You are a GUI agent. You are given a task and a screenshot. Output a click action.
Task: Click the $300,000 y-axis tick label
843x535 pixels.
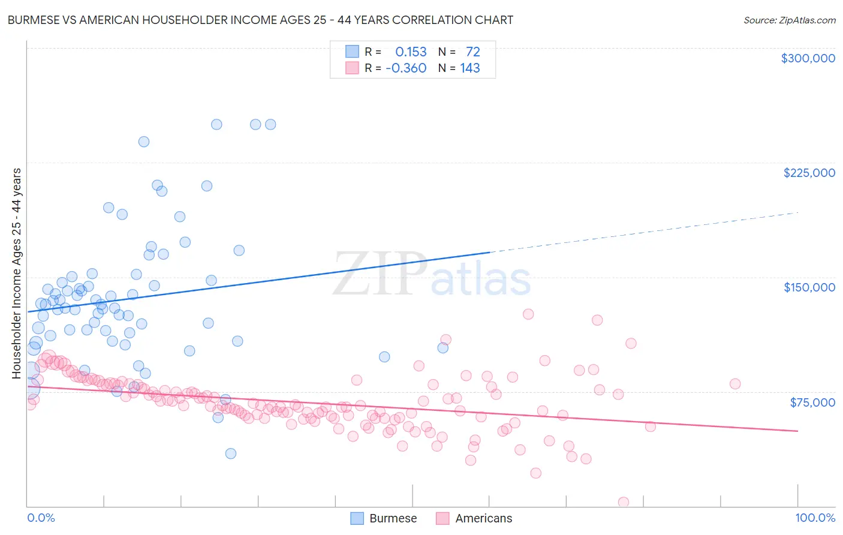(x=808, y=58)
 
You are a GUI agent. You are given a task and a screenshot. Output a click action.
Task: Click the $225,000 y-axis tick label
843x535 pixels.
(x=809, y=173)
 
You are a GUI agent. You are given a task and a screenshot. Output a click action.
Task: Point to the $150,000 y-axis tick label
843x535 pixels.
(x=809, y=287)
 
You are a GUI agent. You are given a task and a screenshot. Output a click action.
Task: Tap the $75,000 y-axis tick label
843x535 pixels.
(x=812, y=402)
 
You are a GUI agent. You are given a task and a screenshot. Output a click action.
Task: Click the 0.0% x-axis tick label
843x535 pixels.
(x=41, y=518)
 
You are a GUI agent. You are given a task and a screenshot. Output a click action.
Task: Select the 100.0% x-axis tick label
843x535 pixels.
(x=815, y=518)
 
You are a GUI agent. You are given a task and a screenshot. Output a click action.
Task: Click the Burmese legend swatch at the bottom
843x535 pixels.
(x=357, y=518)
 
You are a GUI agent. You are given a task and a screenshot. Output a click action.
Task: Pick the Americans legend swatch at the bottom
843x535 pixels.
(x=442, y=518)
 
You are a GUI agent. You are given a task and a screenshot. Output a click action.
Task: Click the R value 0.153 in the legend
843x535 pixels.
(x=411, y=52)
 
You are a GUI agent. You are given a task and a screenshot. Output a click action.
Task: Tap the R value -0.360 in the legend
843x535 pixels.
(x=406, y=68)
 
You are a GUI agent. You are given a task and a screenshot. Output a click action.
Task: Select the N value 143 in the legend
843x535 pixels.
(x=470, y=68)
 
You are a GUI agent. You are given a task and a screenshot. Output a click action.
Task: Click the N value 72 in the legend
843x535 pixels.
(x=473, y=52)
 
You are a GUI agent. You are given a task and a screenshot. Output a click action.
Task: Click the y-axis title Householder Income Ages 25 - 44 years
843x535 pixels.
(x=16, y=273)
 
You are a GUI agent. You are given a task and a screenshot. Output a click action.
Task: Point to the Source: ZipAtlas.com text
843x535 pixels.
(x=789, y=20)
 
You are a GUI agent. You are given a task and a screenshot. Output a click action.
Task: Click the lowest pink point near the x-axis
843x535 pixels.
(x=624, y=502)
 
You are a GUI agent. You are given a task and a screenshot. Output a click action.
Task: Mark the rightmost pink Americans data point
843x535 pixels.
(x=735, y=384)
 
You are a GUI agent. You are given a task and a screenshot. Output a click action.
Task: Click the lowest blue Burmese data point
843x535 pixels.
(x=231, y=453)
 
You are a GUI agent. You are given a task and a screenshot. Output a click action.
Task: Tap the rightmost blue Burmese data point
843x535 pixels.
(x=443, y=348)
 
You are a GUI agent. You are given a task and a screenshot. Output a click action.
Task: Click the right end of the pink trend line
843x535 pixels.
(x=797, y=431)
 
